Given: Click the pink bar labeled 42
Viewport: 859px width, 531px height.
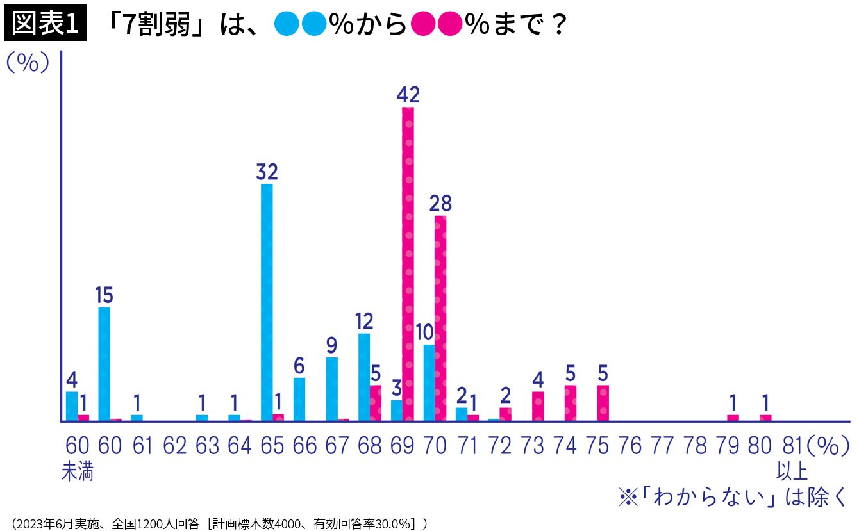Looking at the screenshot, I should tap(408, 264).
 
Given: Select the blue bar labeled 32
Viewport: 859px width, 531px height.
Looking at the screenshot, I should tap(267, 302).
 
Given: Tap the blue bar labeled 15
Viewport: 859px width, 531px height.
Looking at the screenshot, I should tap(104, 364).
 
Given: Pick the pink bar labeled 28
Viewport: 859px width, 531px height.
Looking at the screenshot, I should tap(440, 318).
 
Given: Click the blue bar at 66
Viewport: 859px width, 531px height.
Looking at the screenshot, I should tap(299, 399).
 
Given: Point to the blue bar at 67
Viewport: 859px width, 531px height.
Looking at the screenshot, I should tap(331, 389).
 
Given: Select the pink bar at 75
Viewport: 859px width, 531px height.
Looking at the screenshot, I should tap(603, 403).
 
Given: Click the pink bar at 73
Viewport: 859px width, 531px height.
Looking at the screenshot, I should tap(538, 406).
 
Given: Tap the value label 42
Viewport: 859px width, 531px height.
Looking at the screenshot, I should tap(408, 95).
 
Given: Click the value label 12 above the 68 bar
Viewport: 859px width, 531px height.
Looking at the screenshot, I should tap(363, 321).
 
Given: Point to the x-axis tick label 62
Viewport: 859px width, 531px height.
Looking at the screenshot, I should tap(175, 446).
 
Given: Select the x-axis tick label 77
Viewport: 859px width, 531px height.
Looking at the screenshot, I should tap(662, 446).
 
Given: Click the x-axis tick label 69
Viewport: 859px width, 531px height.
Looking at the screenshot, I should tap(403, 446).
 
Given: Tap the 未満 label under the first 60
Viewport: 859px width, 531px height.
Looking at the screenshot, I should tap(78, 473).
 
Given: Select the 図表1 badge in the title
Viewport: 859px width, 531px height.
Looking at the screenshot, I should tap(45, 24).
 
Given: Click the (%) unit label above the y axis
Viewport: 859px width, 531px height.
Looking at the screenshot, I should tap(27, 63).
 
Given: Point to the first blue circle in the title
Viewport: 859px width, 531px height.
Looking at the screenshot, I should tap(286, 25).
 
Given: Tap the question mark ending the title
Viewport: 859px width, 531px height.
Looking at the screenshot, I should tap(558, 26).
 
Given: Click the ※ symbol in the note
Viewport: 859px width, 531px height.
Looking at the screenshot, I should tap(628, 498).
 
